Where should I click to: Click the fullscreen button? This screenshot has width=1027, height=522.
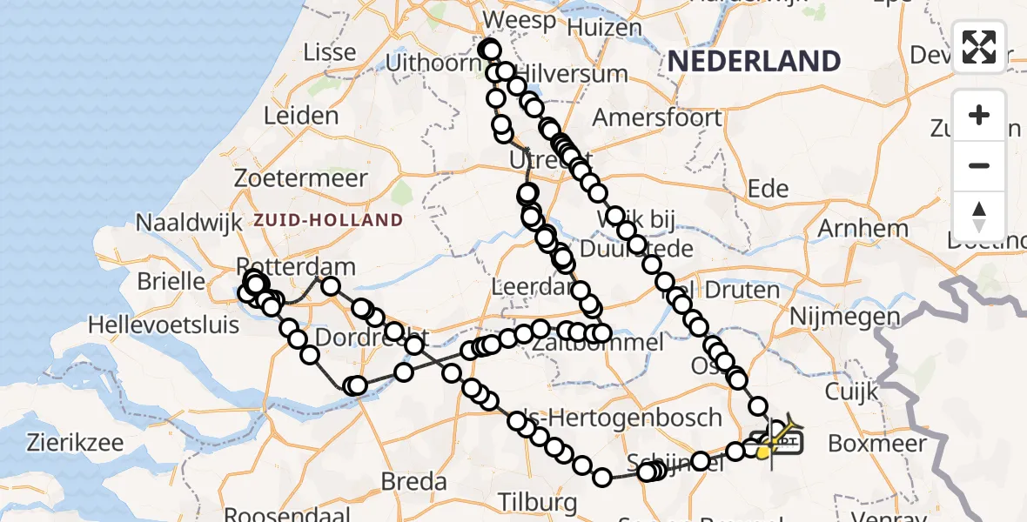click(979, 46)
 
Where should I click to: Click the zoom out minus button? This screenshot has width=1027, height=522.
click(979, 165)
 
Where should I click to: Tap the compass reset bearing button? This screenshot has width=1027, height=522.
click(979, 217)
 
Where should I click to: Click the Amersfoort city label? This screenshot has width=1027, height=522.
click(657, 117)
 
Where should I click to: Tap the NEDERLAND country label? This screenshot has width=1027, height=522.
click(754, 61)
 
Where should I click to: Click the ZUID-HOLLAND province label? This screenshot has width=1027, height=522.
click(328, 220)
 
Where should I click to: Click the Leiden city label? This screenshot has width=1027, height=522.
click(300, 116)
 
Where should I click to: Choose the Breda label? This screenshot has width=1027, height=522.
click(414, 481)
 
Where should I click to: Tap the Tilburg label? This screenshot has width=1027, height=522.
click(538, 501)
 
